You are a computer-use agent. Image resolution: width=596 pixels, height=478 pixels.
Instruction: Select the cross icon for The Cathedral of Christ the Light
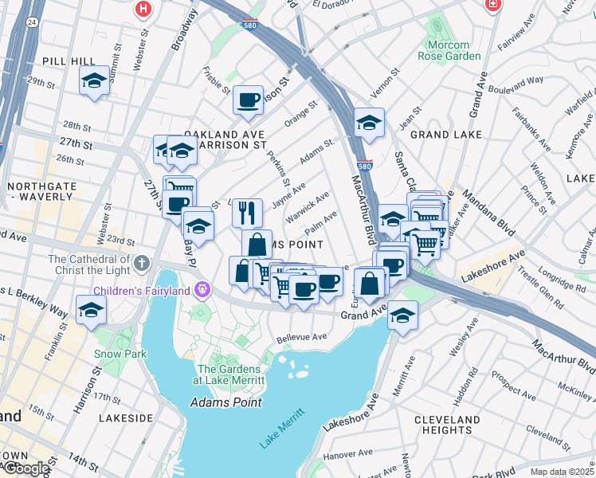point(142,262)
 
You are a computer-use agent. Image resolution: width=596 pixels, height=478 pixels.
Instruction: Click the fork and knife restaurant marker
point(248,212)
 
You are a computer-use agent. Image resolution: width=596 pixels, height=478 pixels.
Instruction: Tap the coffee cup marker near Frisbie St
point(248,100)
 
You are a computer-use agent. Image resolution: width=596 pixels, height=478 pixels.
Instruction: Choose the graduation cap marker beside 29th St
point(94,80)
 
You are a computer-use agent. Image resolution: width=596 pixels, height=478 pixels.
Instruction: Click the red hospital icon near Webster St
point(143,9)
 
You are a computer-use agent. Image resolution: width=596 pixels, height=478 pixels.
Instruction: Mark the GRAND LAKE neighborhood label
point(446,135)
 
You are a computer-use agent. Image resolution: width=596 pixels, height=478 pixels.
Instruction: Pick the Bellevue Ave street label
point(302,337)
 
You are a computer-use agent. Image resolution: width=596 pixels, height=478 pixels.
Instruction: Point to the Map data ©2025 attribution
point(562,472)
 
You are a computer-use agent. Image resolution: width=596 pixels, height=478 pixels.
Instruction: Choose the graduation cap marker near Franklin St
point(91,310)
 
